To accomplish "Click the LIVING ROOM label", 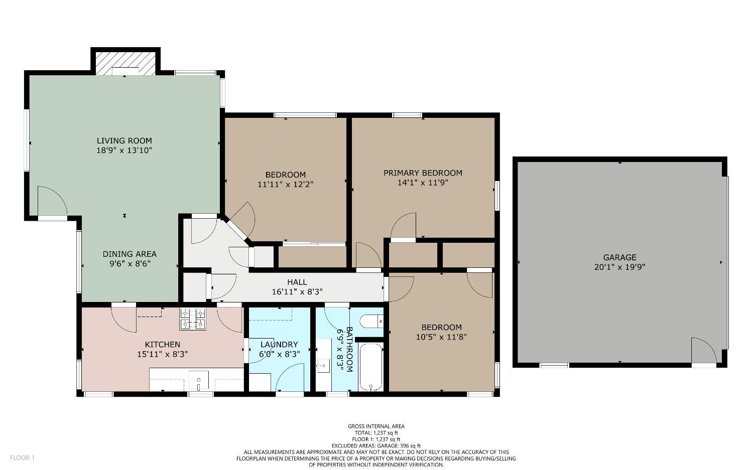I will pyautogui.click(x=124, y=140).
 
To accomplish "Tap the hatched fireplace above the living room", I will pyautogui.click(x=125, y=63).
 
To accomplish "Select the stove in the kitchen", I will pyautogui.click(x=193, y=319).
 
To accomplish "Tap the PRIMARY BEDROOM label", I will pyautogui.click(x=423, y=173).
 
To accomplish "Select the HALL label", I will pyautogui.click(x=297, y=282).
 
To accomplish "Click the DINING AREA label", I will pyautogui.click(x=130, y=254).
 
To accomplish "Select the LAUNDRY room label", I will pyautogui.click(x=279, y=345).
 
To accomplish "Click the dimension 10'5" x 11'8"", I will pyautogui.click(x=441, y=337).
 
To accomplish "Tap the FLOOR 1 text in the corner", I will pyautogui.click(x=22, y=457).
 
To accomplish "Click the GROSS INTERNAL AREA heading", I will pyautogui.click(x=376, y=426).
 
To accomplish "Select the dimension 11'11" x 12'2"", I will pyautogui.click(x=285, y=184).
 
